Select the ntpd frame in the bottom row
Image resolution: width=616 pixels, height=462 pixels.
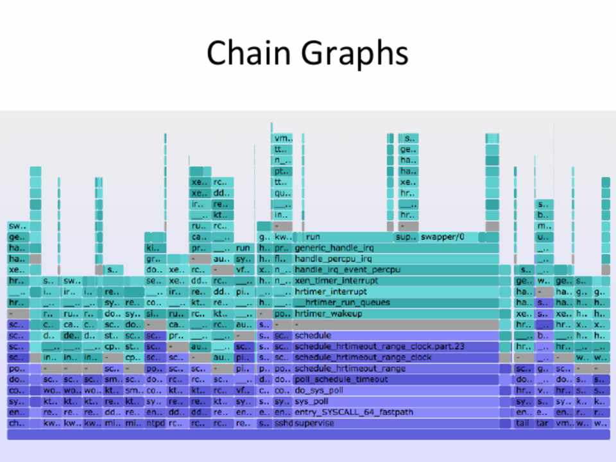tap(155, 424)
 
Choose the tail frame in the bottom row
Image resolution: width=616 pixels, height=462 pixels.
tap(523, 424)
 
